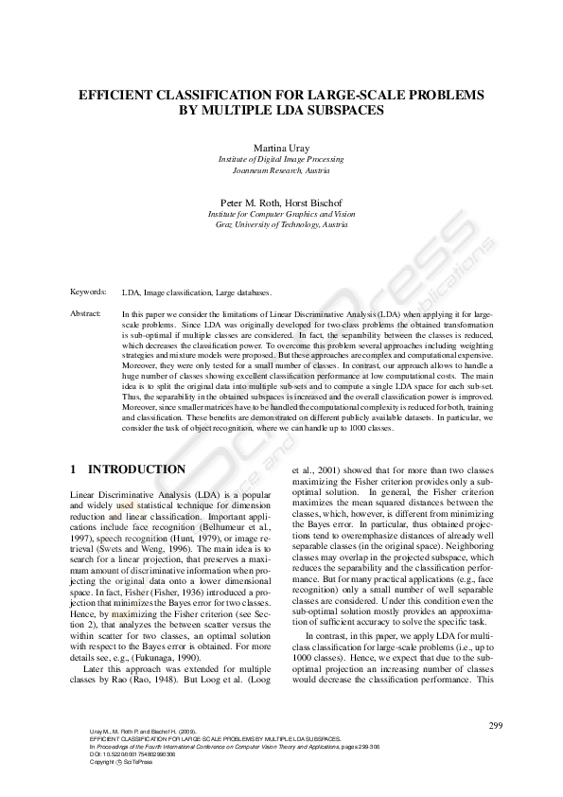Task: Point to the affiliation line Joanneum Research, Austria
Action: (281, 173)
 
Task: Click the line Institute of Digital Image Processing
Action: (281, 162)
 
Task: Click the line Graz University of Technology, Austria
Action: (281, 225)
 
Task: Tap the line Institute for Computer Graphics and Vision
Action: (281, 215)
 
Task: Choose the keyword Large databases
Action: (243, 293)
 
